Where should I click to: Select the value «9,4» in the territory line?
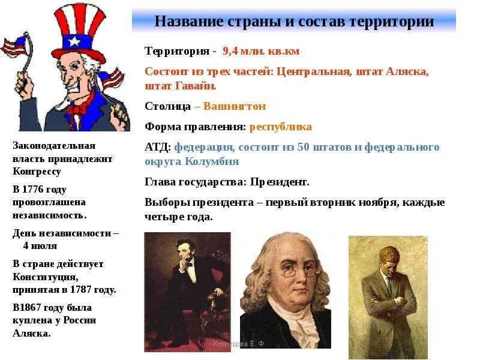click(x=232, y=51)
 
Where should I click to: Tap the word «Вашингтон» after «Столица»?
click(x=235, y=107)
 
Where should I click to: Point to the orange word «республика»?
click(x=280, y=127)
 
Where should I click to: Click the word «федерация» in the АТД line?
click(x=203, y=148)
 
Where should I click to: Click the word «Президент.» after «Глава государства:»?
click(x=279, y=182)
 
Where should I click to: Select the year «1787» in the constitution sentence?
click(x=86, y=290)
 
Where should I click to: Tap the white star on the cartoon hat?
click(x=74, y=41)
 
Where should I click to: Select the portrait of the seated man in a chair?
click(x=187, y=291)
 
